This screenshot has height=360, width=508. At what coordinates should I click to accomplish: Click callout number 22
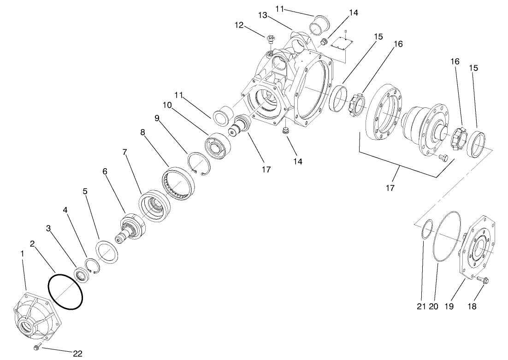(77, 353)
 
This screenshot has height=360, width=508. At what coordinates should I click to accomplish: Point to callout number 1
(21, 254)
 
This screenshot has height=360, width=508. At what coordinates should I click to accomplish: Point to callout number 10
(166, 105)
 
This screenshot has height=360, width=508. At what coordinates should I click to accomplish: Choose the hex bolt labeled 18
(482, 279)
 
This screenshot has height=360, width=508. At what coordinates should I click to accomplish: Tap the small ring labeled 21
(428, 230)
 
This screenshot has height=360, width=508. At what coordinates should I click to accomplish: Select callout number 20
(433, 306)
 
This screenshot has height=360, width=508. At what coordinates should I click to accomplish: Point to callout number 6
(105, 171)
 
